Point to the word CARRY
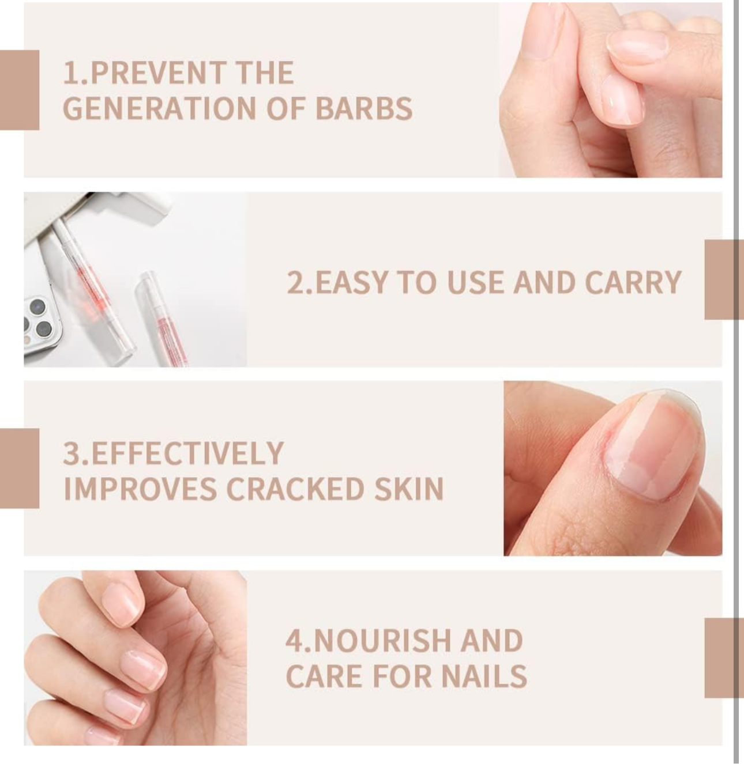point(633,283)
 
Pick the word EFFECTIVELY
point(187,453)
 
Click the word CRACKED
point(294,489)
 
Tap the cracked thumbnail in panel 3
point(655,444)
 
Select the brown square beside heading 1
point(19,90)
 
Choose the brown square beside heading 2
point(723,279)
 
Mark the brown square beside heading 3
point(19,468)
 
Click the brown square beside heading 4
point(723,658)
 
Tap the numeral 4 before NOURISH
point(294,641)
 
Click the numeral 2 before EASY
point(295,283)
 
